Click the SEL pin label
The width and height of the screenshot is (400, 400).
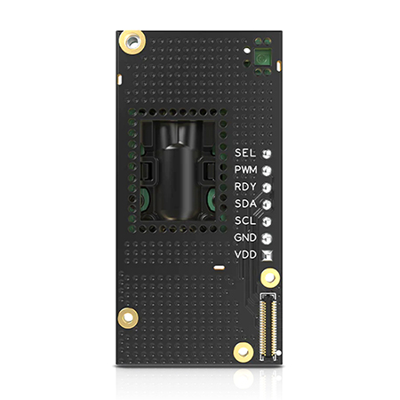[245, 153]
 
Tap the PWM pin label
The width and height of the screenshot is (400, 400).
[246, 170]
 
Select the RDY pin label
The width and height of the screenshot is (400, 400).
[245, 187]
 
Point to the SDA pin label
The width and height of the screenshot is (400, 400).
[245, 204]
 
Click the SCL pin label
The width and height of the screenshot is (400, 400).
[245, 220]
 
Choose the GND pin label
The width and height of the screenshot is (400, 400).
[245, 237]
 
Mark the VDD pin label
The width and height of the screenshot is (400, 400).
[245, 254]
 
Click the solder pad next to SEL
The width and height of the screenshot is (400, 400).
[267, 154]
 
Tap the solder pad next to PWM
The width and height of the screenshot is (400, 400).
[267, 171]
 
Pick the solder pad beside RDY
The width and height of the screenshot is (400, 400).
[267, 188]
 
